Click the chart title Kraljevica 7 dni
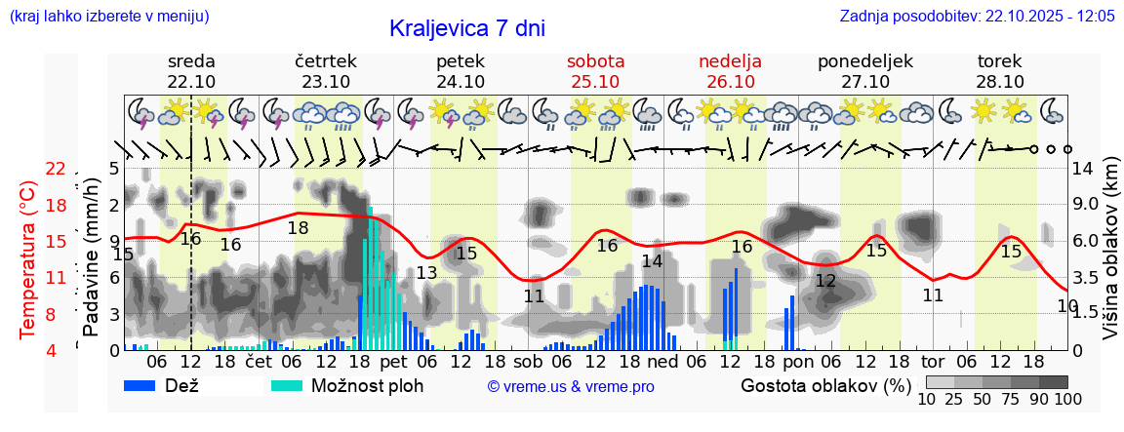(466, 28)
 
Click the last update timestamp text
(977, 16)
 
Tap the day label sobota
(595, 60)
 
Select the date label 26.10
(730, 82)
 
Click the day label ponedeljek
(864, 60)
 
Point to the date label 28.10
(999, 82)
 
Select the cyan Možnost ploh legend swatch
(287, 385)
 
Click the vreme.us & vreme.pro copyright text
(571, 386)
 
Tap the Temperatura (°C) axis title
(28, 259)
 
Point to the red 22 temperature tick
(56, 169)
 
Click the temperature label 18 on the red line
(298, 227)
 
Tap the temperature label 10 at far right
(1066, 305)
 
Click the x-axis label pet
(394, 362)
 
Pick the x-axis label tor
(933, 362)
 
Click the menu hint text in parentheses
(108, 16)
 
